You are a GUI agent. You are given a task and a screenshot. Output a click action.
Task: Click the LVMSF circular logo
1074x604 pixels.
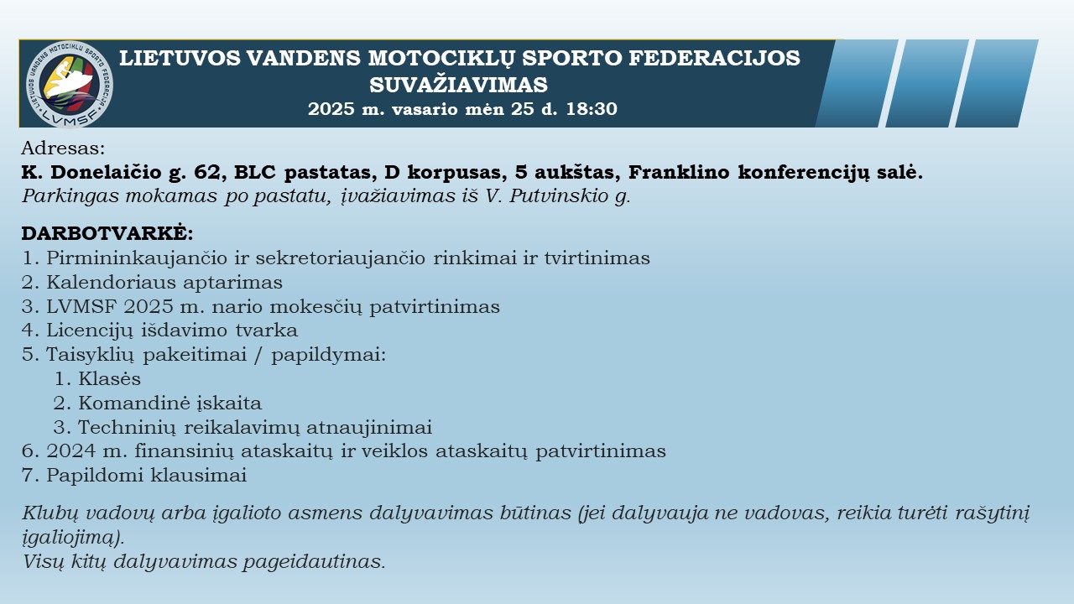click(x=70, y=85)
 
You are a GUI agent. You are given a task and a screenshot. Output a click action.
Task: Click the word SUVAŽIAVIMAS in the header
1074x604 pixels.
click(x=458, y=85)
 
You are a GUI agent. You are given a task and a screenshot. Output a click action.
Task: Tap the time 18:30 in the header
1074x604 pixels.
click(x=592, y=109)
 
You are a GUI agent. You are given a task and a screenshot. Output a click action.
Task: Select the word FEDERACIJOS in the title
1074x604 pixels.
click(x=714, y=58)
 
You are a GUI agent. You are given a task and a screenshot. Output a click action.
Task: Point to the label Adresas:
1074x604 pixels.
click(x=63, y=148)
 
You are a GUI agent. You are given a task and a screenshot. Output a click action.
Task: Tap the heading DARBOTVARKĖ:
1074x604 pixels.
click(x=107, y=233)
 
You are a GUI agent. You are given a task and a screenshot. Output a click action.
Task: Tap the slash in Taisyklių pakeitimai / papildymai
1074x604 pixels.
click(x=259, y=355)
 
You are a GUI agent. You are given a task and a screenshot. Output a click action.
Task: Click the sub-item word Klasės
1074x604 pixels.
click(x=109, y=378)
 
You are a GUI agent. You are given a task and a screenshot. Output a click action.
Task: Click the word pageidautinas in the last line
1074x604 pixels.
click(x=314, y=561)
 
